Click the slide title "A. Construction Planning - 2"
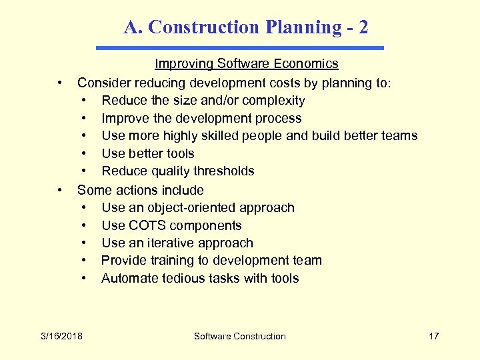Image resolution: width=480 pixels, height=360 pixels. (x=246, y=27)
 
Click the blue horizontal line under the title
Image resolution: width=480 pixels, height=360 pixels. (x=240, y=48)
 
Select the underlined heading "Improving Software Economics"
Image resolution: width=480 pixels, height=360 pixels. (x=247, y=64)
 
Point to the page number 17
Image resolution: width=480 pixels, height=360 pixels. (x=433, y=336)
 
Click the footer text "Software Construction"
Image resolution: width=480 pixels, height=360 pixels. (x=240, y=336)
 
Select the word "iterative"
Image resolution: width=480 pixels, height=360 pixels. (x=175, y=243)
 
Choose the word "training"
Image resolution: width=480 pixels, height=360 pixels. (x=172, y=261)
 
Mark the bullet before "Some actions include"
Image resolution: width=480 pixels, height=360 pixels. (x=60, y=189)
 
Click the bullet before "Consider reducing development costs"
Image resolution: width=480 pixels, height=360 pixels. (x=60, y=83)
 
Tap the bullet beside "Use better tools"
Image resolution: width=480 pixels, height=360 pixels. (x=85, y=153)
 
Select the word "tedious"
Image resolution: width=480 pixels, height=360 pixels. (x=183, y=278)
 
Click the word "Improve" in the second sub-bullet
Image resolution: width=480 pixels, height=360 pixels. (x=125, y=118)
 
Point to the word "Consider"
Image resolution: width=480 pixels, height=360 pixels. (x=104, y=83)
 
